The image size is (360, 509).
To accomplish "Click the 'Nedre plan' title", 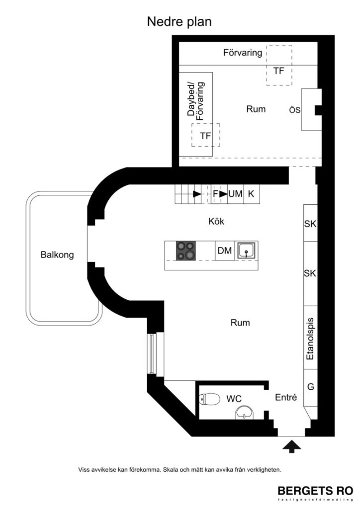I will (x=180, y=22).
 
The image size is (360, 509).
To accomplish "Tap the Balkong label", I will (x=57, y=255).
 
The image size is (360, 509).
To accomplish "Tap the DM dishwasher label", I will (x=225, y=252).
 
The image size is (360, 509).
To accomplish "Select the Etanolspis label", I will (x=310, y=339).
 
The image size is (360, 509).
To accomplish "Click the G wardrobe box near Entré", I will (x=310, y=386).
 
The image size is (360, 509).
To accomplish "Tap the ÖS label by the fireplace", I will (x=295, y=110).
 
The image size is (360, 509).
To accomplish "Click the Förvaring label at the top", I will (x=243, y=53).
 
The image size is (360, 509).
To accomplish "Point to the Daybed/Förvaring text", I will (x=196, y=99).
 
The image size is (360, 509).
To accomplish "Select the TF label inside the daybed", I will (x=205, y=135).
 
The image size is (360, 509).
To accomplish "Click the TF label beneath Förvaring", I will (x=278, y=71).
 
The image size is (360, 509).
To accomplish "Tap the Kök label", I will (x=216, y=222).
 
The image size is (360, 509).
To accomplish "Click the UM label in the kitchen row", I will (x=235, y=194).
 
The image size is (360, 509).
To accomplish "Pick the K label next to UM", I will (x=251, y=194).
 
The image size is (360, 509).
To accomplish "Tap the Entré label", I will (x=286, y=397).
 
